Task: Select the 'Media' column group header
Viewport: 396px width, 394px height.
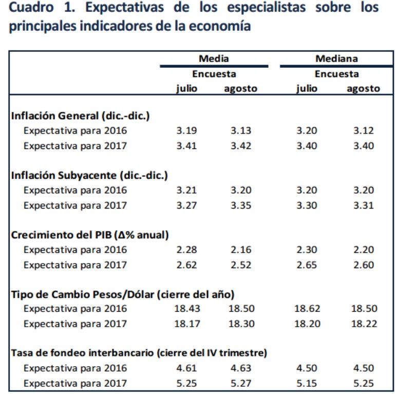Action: (214, 59)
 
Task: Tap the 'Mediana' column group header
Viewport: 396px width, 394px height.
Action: (336, 59)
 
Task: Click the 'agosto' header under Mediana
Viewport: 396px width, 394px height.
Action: (363, 88)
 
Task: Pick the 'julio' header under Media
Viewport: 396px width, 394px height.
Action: (186, 88)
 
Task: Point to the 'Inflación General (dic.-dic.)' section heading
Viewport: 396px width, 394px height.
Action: (80, 116)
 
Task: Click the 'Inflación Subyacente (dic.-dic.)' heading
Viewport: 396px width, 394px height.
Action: (89, 175)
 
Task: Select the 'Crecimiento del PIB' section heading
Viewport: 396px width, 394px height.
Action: (90, 235)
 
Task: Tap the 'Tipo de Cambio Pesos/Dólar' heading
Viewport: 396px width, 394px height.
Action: (123, 294)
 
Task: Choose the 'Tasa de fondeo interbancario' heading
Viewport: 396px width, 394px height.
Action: (139, 353)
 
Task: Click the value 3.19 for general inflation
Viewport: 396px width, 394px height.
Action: (186, 130)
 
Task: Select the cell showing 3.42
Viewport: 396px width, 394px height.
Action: (241, 145)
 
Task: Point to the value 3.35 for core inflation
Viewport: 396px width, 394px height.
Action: (241, 205)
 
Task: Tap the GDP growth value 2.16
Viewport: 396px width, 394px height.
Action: (241, 250)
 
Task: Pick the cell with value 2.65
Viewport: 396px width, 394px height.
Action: (307, 265)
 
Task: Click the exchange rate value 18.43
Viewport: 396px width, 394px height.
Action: (187, 309)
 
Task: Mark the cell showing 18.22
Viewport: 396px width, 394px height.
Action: (364, 324)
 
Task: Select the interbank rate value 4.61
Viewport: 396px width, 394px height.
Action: (186, 368)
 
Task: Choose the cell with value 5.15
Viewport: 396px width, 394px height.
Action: (307, 383)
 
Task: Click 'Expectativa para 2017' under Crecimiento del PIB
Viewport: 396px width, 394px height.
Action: (75, 265)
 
